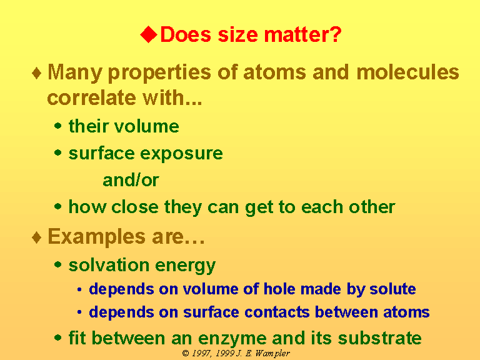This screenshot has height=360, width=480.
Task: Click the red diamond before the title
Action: [x=149, y=34]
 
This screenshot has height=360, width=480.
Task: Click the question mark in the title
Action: [x=335, y=34]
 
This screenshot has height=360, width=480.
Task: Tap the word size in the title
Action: [x=238, y=34]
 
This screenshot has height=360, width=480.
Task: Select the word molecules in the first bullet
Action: [x=407, y=72]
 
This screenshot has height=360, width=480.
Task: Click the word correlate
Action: [x=91, y=97]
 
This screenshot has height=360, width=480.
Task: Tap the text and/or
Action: [x=131, y=180]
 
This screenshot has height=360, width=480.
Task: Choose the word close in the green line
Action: [x=135, y=207]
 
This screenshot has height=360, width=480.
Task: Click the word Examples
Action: [x=96, y=237]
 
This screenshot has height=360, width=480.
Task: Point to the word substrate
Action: [x=379, y=338]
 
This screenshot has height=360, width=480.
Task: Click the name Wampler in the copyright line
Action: [x=272, y=354]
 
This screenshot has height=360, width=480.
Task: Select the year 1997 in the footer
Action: [x=201, y=353]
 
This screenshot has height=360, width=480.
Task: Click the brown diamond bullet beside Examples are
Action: [x=37, y=237]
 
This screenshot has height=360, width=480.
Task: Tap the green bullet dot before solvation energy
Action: [x=58, y=264]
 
